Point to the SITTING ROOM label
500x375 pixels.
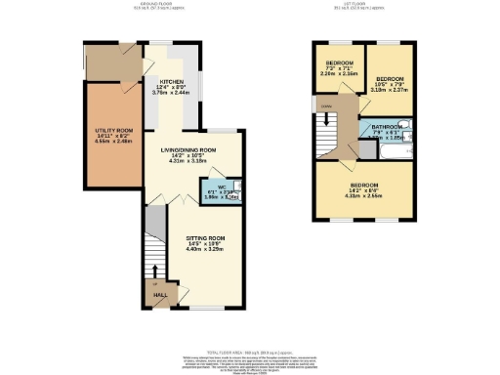pyautogui.click(x=206, y=238)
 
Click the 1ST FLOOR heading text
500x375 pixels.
pyautogui.click(x=367, y=4)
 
